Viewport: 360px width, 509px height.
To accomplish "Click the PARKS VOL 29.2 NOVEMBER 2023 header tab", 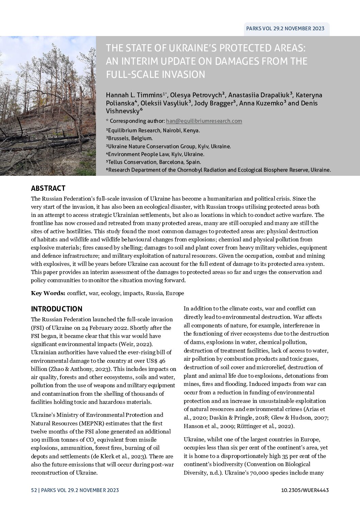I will coord(285,29).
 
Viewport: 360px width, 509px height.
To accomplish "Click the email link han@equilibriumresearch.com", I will coord(204,121).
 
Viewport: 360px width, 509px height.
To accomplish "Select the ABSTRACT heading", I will coord(48,188).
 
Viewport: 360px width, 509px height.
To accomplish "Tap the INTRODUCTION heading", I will coord(56,309).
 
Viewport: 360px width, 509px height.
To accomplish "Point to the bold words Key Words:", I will coord(48,293).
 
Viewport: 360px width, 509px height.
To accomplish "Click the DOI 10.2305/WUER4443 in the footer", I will coord(305,490).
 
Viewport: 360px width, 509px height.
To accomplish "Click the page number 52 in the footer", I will coord(34,490).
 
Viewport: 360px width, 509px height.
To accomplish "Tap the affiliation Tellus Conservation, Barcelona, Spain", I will coord(153,162).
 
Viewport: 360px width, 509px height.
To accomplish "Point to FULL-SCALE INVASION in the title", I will coord(156,74).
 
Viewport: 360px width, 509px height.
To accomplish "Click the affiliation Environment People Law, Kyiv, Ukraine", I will coord(155,154).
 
